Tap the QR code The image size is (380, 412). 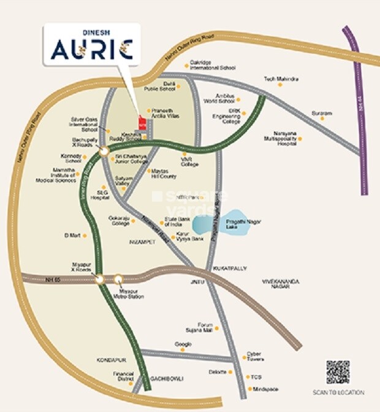click(338, 373)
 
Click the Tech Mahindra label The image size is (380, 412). click(281, 79)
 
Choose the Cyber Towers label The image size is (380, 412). click(254, 356)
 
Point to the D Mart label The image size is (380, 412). click(72, 235)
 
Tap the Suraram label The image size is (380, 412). click(322, 114)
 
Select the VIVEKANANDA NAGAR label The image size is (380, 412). click(281, 283)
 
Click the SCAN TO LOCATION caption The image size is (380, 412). click(338, 393)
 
